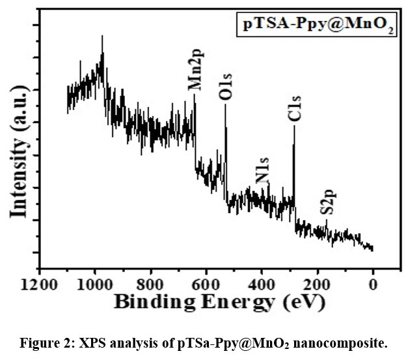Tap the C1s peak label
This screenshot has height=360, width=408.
[x=294, y=107]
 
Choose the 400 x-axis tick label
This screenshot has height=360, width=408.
[x=262, y=283]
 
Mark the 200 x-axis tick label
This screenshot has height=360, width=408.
[x=318, y=283]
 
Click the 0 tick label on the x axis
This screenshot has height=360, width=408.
[x=373, y=283]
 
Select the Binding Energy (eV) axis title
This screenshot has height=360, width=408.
[x=219, y=303]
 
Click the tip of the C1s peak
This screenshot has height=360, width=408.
[x=293, y=126]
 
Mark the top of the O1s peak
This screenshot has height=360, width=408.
[x=225, y=104]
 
